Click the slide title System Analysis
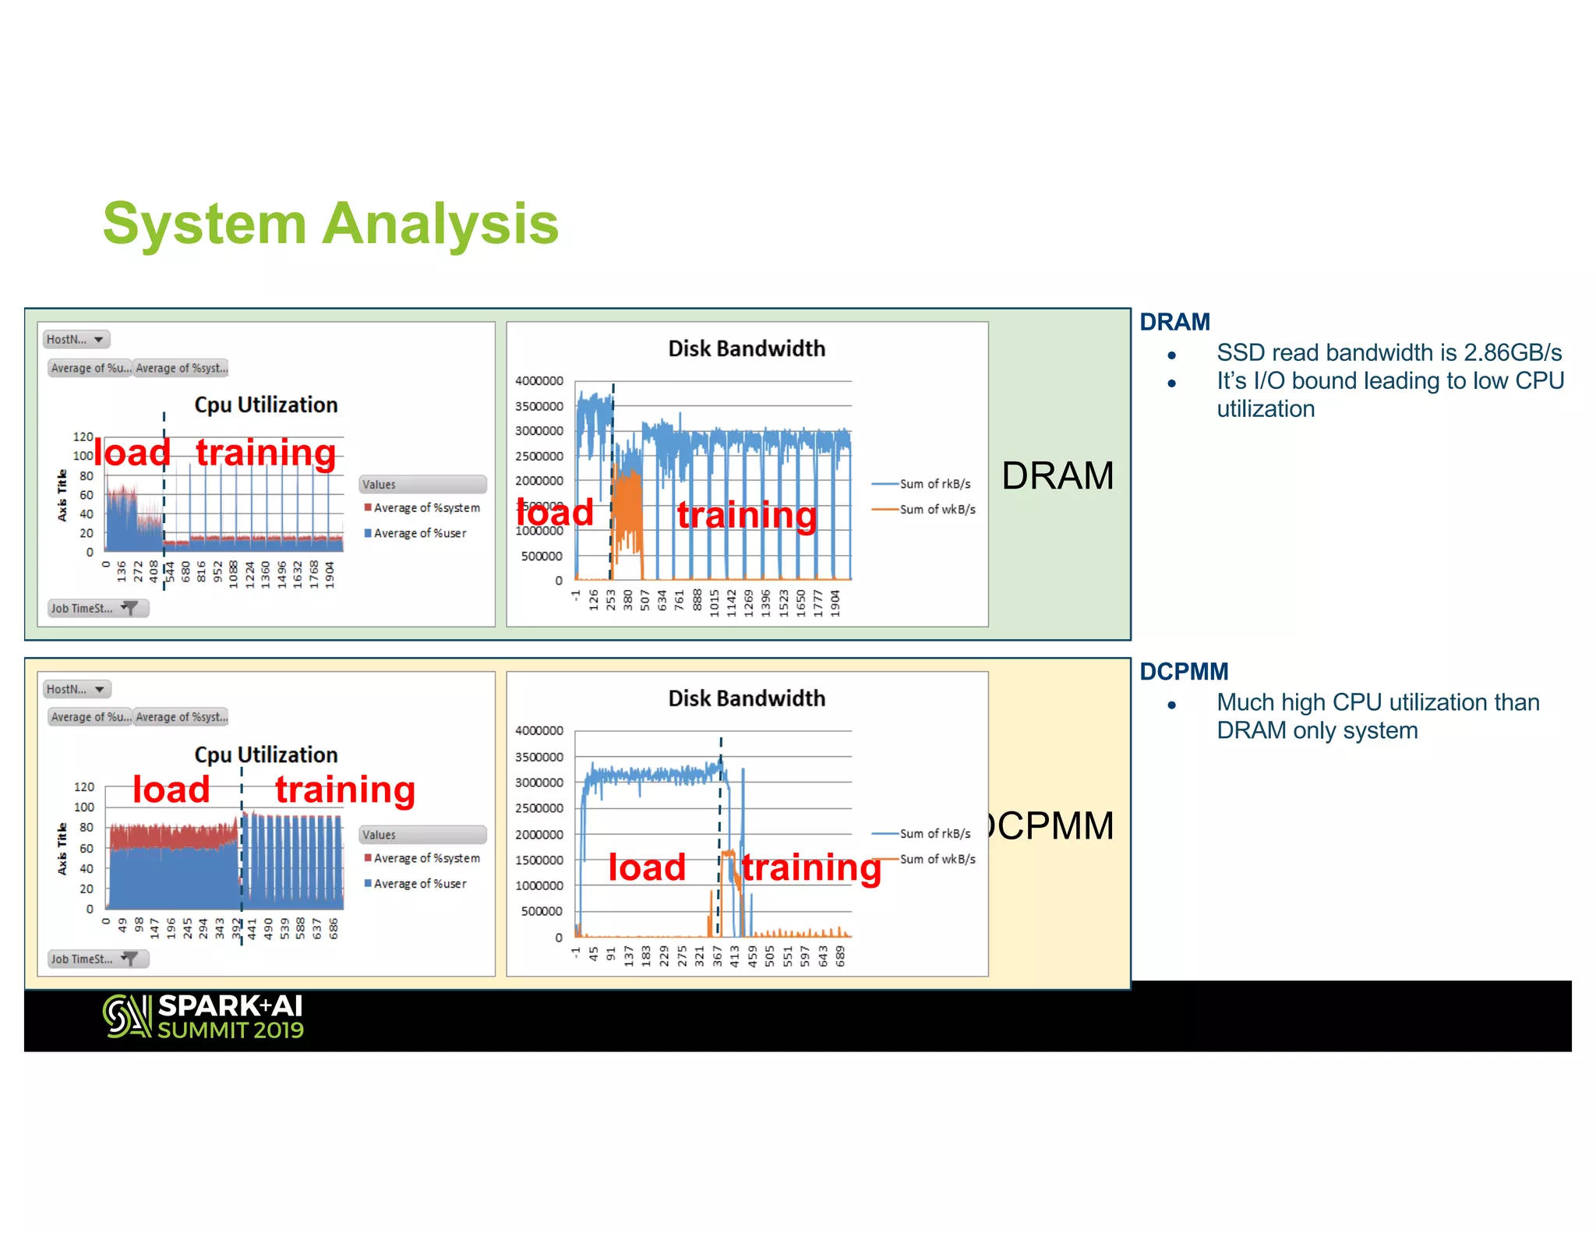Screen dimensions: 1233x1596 (330, 224)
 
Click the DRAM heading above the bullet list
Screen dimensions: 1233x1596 (1174, 322)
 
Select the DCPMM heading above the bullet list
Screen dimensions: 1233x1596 (1183, 671)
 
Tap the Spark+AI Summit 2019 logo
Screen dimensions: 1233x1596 (203, 1016)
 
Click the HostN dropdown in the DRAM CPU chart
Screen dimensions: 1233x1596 (76, 340)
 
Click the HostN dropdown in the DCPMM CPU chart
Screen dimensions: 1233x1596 (76, 690)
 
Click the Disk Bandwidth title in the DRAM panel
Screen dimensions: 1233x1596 (747, 348)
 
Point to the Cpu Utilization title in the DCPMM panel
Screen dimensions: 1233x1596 (266, 754)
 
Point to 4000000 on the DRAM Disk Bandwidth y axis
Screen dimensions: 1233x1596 (538, 381)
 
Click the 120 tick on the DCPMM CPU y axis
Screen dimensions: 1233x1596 (84, 787)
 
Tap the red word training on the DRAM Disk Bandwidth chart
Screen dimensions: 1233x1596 (747, 515)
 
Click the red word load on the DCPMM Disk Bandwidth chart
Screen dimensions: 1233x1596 (647, 867)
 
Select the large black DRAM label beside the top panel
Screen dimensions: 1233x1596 (1057, 475)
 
